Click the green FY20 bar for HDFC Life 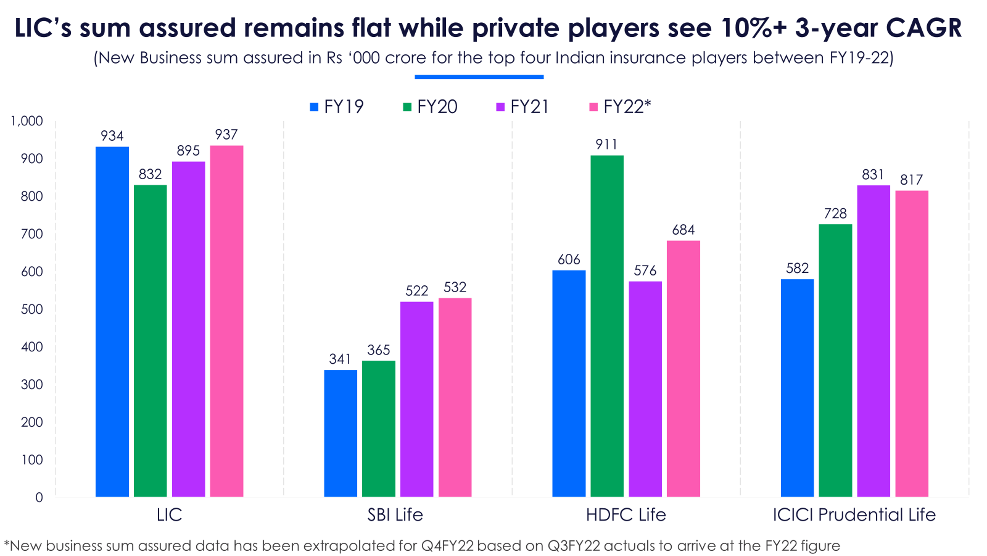coord(607,326)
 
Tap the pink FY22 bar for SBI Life coord(455,397)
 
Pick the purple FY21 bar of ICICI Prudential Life coord(873,341)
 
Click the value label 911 coord(606,144)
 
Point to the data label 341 coord(340,359)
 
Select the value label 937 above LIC coord(226,134)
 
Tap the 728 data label coord(835,213)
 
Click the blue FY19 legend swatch coord(314,107)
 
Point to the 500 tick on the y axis coord(31,309)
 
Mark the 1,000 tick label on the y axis coord(27,121)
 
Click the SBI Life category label coord(395,515)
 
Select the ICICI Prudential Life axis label coord(854,515)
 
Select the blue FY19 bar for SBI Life coord(340,433)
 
